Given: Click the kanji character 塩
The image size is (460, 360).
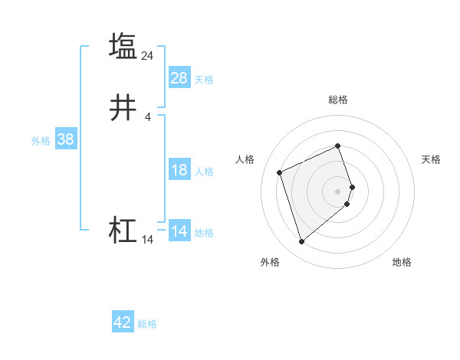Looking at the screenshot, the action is (x=123, y=45).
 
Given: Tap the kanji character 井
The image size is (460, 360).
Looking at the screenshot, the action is (x=123, y=108).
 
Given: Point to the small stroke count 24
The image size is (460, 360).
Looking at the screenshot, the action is (x=148, y=55).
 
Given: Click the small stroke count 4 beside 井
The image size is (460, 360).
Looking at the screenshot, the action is (x=148, y=117).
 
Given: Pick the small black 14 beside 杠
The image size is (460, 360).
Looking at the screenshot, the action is (x=148, y=240).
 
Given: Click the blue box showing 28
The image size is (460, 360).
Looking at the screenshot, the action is (x=179, y=78).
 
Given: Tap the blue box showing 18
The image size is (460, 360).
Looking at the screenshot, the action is (x=179, y=170).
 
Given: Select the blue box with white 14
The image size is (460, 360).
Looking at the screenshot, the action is (x=179, y=231).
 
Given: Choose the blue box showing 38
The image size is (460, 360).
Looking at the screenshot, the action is (x=66, y=139).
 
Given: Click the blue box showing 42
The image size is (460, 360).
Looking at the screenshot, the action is (x=123, y=322).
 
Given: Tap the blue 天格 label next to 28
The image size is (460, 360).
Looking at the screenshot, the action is (x=204, y=80).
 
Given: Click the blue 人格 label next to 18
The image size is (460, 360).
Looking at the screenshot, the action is (x=204, y=172).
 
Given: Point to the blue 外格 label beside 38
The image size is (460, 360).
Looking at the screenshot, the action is (x=41, y=141).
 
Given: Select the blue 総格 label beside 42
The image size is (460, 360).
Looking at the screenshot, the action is (x=147, y=324).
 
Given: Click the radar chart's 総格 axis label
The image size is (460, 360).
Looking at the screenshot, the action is (x=337, y=100).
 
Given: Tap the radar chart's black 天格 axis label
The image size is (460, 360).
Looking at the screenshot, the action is (x=431, y=159).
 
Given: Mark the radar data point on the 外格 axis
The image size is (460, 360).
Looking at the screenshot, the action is (x=301, y=241).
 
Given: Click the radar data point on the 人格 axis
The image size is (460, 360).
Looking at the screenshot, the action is (x=281, y=172).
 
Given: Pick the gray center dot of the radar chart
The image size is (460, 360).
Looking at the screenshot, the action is (x=337, y=190).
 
